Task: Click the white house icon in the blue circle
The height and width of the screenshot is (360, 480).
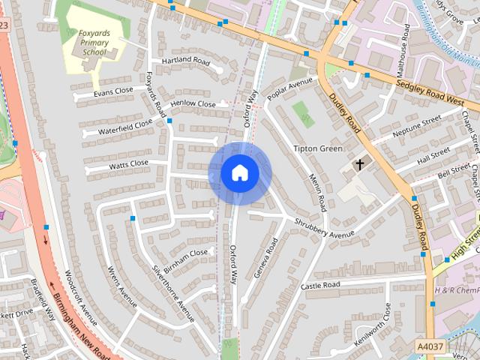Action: (239, 173)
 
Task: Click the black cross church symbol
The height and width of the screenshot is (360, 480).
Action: (359, 163)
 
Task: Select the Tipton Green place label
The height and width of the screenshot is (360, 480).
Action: (317, 148)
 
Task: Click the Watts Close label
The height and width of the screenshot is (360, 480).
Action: (128, 163)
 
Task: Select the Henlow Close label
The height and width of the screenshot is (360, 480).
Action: (193, 104)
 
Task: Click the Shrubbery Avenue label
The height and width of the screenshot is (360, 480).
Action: (323, 228)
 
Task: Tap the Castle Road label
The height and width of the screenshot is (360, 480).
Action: (320, 285)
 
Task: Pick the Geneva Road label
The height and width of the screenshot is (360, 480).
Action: (266, 258)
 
